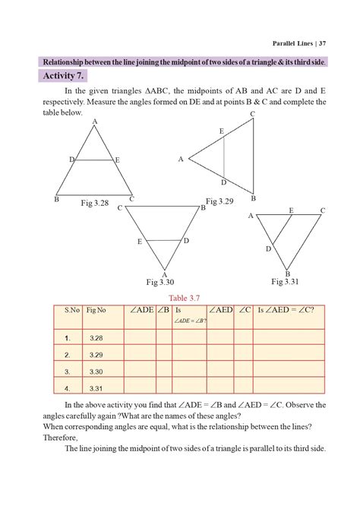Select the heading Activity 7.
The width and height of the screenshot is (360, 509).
(x=67, y=77)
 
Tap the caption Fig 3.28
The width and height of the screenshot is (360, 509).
(x=96, y=203)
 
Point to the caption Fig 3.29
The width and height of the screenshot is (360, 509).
(x=220, y=201)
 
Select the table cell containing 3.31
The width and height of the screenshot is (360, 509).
(x=96, y=388)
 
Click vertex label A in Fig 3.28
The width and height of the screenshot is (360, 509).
(x=95, y=122)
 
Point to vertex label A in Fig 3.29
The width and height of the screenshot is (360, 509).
(x=181, y=160)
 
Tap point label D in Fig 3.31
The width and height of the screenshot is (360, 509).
(x=268, y=248)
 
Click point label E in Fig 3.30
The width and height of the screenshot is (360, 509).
(x=140, y=242)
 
